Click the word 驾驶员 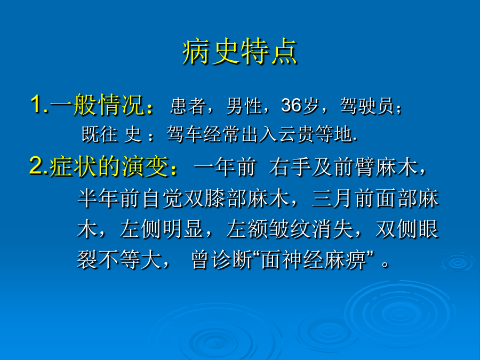[367, 106]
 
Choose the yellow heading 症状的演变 [109, 166]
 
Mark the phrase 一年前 [225, 167]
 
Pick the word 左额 [247, 229]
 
